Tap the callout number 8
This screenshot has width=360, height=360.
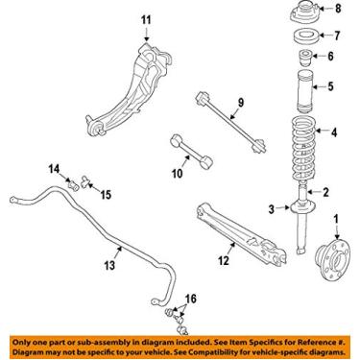point(336,11)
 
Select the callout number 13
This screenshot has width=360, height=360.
point(109,265)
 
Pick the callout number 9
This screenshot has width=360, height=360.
point(242,104)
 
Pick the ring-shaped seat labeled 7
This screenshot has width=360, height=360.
point(303,38)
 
